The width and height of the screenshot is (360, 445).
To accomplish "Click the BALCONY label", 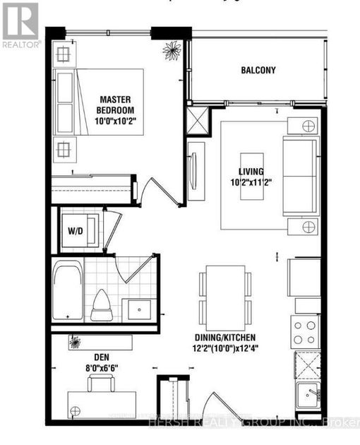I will tap(258, 70).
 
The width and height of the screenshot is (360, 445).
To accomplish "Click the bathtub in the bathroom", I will tap(68, 290).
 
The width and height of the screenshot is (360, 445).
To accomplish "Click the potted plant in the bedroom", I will tap(172, 50).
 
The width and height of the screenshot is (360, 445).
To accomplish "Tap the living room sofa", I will tap(299, 175).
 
